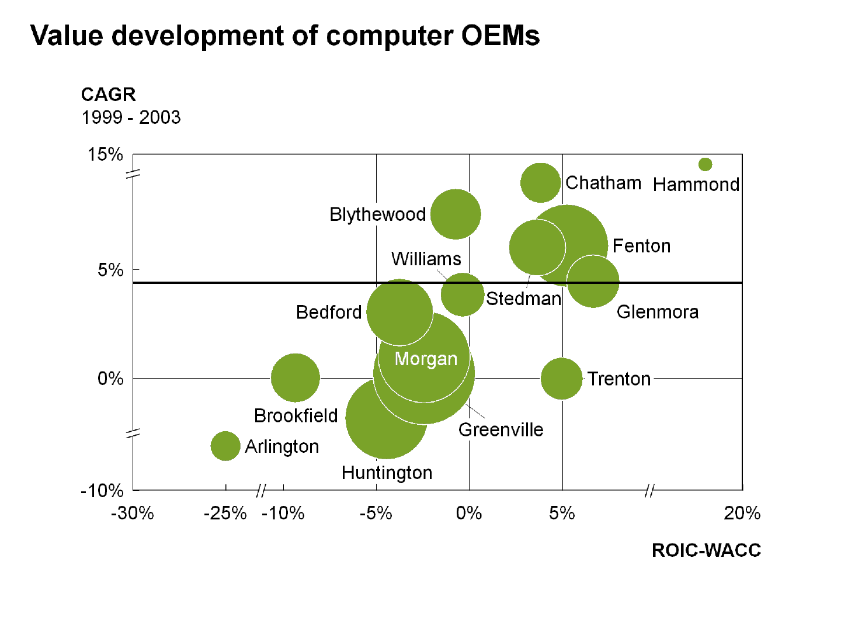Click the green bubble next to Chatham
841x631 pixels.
pyautogui.click(x=540, y=183)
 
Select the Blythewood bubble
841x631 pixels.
pyautogui.click(x=456, y=214)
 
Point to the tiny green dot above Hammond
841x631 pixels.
pyautogui.click(x=705, y=164)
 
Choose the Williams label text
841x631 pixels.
pyautogui.click(x=426, y=258)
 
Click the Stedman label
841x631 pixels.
pyautogui.click(x=523, y=299)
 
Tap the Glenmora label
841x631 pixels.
pyautogui.click(x=658, y=312)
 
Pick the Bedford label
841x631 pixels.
pyautogui.click(x=330, y=313)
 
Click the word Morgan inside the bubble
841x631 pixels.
pyautogui.click(x=426, y=359)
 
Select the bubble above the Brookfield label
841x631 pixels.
pyautogui.click(x=296, y=377)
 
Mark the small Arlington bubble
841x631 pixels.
pyautogui.click(x=225, y=446)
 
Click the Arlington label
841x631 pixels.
pyautogui.click(x=282, y=447)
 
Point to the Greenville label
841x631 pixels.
pyautogui.click(x=501, y=430)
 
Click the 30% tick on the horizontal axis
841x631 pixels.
pyautogui.click(x=135, y=513)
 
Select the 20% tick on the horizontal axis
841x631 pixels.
pyautogui.click(x=742, y=513)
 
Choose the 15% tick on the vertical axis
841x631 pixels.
pyautogui.click(x=105, y=155)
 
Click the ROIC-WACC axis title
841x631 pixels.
pyautogui.click(x=708, y=550)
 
